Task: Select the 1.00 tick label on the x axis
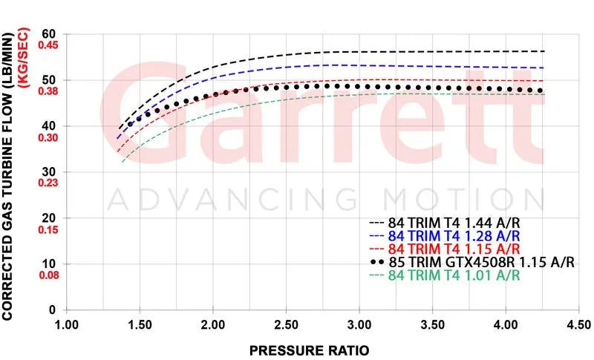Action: tap(67, 325)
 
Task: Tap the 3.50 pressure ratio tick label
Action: tap(432, 325)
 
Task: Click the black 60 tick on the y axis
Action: tap(49, 34)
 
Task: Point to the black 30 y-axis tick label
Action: tap(49, 172)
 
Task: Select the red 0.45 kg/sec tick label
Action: tap(48, 45)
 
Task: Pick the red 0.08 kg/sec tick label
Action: tap(48, 275)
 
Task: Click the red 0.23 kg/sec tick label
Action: tap(48, 183)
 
